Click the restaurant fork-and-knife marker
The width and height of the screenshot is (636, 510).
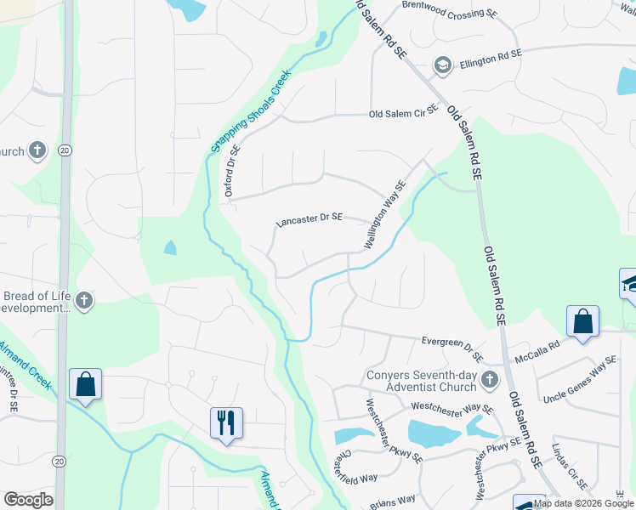pos(226,422)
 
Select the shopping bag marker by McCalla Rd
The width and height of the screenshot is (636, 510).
pos(582,321)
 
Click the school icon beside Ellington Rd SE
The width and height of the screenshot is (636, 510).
pos(442,65)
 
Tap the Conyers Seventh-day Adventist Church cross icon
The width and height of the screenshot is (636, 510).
pos(489,377)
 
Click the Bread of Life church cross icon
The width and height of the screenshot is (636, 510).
pos(83,300)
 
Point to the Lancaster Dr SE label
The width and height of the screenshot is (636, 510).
pos(309,220)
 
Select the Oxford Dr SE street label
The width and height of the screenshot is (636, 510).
pos(232,170)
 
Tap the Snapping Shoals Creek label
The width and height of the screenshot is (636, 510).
pos(250,111)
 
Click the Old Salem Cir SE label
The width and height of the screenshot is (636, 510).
pos(403,112)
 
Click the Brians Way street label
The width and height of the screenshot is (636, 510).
pos(393,501)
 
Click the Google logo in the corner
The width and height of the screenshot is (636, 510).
pos(28,500)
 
